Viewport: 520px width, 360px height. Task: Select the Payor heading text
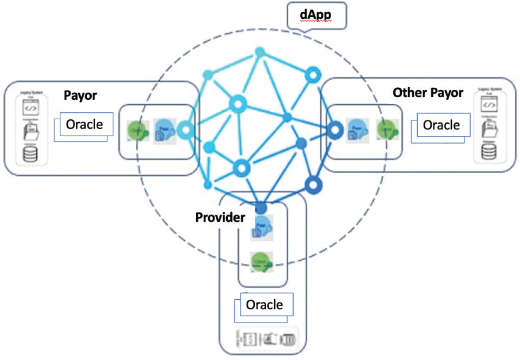pos(81,96)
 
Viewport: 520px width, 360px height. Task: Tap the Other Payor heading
pos(428,93)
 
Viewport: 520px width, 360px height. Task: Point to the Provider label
pos(220,218)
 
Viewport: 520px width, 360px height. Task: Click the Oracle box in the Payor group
pos(84,125)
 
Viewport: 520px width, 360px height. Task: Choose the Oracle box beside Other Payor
pos(441,125)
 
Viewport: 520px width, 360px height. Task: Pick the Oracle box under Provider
pos(264,305)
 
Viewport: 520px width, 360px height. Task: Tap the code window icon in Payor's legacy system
pos(30,107)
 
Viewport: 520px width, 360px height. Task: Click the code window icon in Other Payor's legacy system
pos(489,105)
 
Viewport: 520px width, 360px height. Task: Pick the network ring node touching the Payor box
pos(186,130)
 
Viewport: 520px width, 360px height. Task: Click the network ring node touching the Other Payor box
pos(335,130)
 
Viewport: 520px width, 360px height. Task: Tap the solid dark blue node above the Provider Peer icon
pos(261,207)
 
